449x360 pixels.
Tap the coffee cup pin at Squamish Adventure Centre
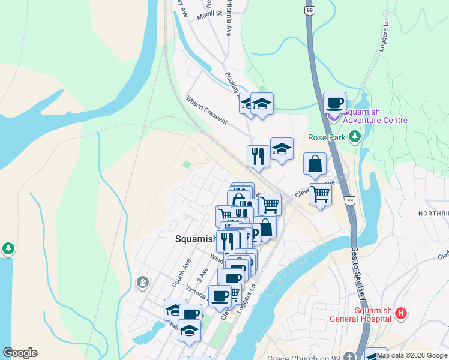(x=334, y=103)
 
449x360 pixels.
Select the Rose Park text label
(x=327, y=137)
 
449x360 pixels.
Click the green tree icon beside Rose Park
(x=355, y=137)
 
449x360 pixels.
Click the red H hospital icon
(x=402, y=313)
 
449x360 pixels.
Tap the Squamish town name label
(x=194, y=238)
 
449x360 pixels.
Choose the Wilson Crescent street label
(x=206, y=110)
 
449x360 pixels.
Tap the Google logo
(x=20, y=353)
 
